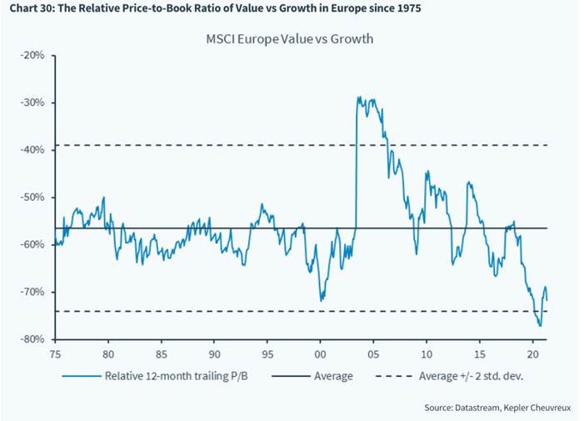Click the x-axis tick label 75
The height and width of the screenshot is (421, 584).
pyautogui.click(x=55, y=353)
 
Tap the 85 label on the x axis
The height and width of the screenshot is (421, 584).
pyautogui.click(x=162, y=353)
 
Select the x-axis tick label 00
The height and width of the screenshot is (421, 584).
pyautogui.click(x=321, y=353)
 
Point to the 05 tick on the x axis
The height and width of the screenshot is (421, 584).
pyautogui.click(x=373, y=353)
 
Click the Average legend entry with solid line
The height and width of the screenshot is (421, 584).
pyautogui.click(x=332, y=376)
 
